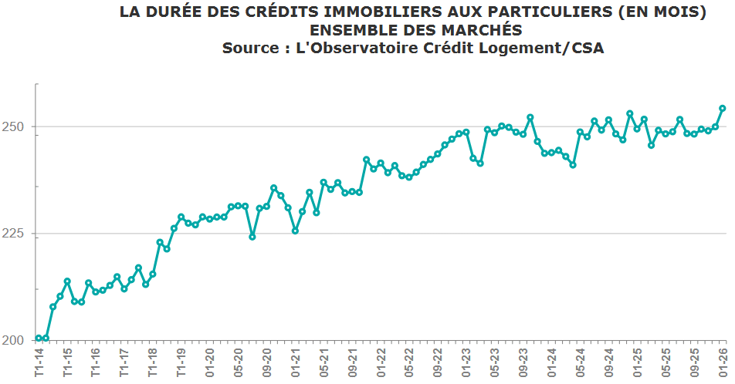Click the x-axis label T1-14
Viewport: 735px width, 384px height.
point(39,362)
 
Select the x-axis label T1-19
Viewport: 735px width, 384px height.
point(181,362)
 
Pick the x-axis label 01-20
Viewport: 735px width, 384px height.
point(209,362)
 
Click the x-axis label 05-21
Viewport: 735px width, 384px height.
point(324,362)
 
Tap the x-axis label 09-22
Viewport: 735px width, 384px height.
point(438,362)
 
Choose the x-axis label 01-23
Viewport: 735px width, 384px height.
point(466,362)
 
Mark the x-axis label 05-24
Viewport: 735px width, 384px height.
point(581,362)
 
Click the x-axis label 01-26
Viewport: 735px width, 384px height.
point(723,362)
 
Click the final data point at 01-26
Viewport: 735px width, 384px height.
point(723,109)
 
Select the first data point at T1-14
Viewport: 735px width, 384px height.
point(39,339)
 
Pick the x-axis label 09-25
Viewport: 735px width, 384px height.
point(695,362)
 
